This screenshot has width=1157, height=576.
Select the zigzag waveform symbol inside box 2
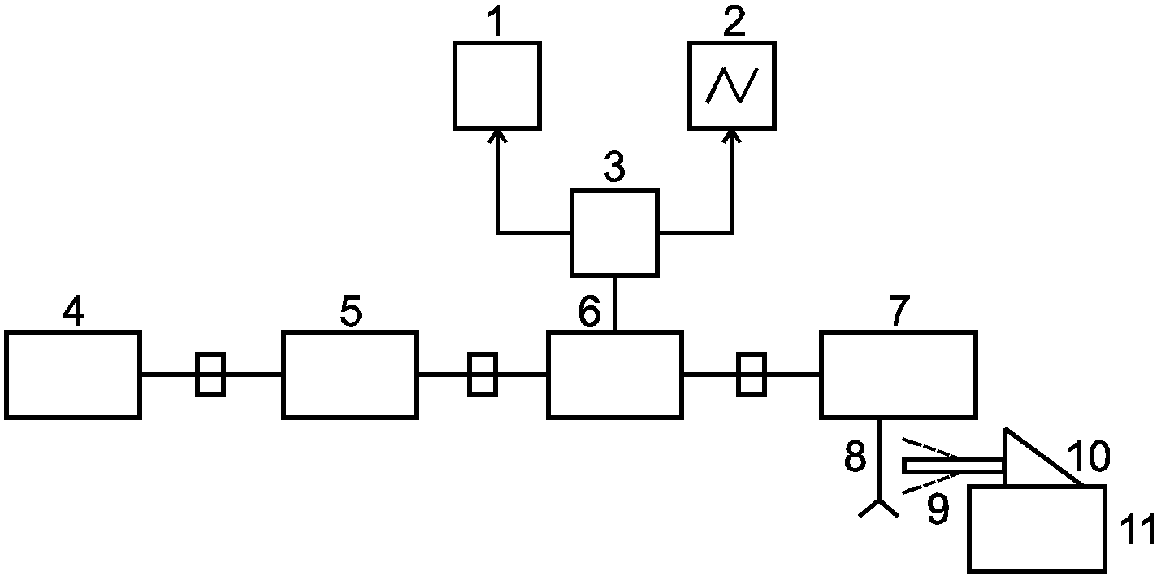tap(732, 85)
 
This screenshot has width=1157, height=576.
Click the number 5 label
tap(351, 310)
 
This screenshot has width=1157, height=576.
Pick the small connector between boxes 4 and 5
tap(210, 375)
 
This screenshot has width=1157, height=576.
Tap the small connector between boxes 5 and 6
tap(483, 375)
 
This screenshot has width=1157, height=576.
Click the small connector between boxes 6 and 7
tap(751, 375)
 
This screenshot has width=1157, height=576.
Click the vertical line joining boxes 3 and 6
tap(614, 304)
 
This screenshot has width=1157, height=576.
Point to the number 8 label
tap(856, 456)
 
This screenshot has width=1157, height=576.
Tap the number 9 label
tap(938, 509)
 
